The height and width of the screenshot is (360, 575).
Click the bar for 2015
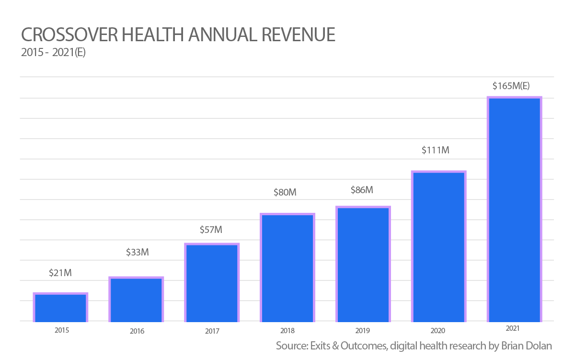tap(60, 307)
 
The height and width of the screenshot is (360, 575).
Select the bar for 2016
tap(136, 300)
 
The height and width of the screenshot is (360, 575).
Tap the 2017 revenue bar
tap(212, 283)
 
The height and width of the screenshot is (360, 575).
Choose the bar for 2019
tap(363, 264)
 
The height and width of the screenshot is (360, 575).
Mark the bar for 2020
tap(439, 246)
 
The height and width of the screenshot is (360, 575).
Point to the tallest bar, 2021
tap(514, 209)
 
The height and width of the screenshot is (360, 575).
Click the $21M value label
tap(60, 273)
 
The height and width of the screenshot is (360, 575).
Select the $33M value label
tap(138, 252)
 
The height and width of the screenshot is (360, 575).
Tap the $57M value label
tap(211, 230)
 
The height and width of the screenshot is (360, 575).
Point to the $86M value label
tap(361, 190)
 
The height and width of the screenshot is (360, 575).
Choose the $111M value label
tap(436, 150)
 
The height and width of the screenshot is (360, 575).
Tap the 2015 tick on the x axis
tap(62, 331)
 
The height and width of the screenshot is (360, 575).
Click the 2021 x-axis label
tap(513, 329)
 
